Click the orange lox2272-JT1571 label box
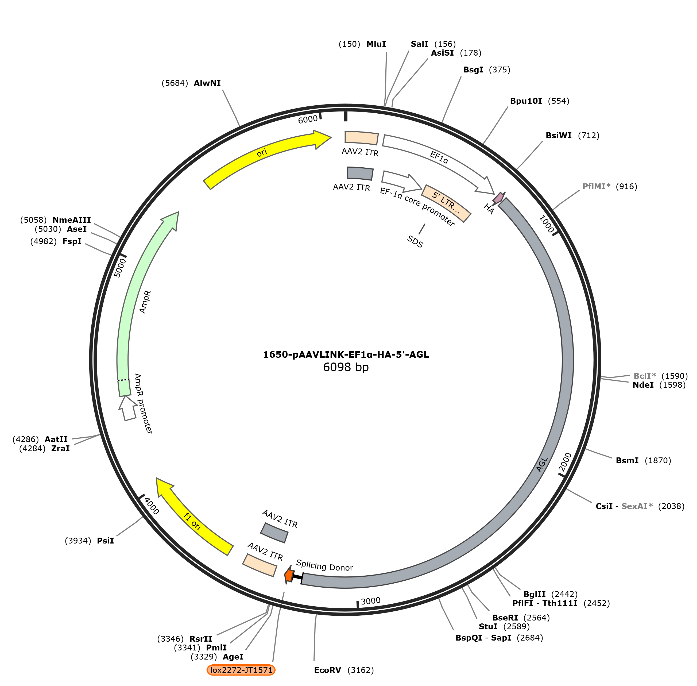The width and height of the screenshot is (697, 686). click(x=241, y=670)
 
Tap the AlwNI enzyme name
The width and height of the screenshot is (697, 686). click(x=207, y=83)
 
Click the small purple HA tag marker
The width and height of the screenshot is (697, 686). click(x=498, y=198)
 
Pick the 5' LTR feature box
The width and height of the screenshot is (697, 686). click(x=446, y=203)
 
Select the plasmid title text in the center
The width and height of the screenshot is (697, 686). click(x=346, y=354)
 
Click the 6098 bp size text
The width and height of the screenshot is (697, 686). click(x=346, y=367)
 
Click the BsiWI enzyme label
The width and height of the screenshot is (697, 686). click(x=558, y=136)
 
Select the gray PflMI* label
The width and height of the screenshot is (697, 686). click(x=597, y=186)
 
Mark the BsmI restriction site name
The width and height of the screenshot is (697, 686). click(x=627, y=460)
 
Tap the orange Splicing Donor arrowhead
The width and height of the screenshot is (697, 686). click(x=289, y=575)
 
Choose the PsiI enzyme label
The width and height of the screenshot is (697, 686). click(x=105, y=541)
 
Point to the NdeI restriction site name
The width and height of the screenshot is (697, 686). click(x=643, y=385)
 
